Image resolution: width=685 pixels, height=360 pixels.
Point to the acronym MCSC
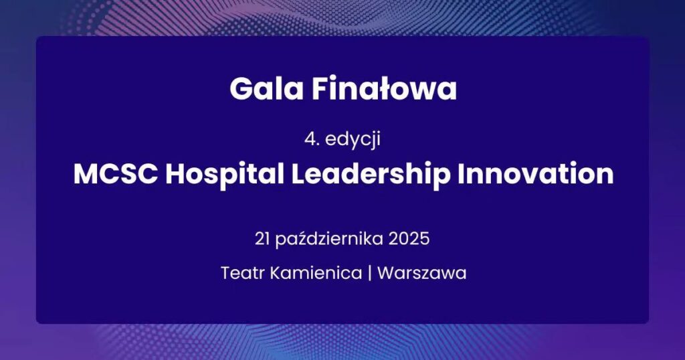point(115,175)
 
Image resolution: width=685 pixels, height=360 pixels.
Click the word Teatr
point(241,273)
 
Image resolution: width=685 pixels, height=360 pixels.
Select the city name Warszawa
point(421,273)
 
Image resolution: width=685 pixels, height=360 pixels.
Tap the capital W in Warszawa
point(385,273)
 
